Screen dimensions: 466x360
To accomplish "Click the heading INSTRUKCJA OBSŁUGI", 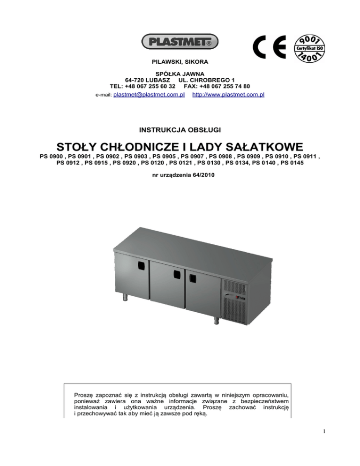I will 180,128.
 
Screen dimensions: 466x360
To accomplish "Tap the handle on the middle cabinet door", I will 177,275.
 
